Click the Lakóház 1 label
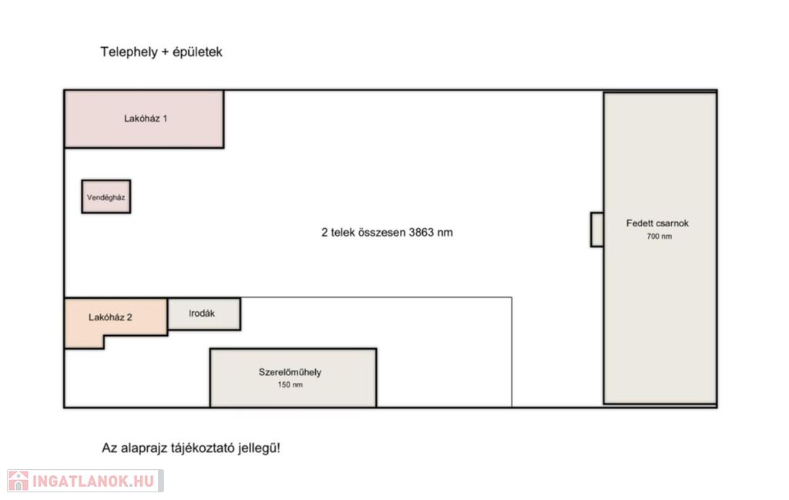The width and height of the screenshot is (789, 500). point(146,119)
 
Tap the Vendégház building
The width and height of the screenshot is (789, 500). point(106,196)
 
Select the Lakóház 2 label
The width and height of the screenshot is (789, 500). point(110,317)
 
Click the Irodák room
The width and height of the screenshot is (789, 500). point(203,314)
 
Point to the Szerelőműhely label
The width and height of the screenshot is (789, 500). point(290,372)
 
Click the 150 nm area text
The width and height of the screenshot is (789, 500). point(290,384)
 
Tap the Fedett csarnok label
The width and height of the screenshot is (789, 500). point(657,223)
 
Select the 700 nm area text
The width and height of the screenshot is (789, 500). point(660,237)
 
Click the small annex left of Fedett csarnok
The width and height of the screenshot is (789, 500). point(597,230)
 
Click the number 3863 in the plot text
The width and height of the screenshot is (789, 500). point(421,233)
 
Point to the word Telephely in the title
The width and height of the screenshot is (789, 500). point(129,52)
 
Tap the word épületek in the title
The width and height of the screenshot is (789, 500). point(197,52)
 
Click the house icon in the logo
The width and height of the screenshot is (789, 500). point(18,481)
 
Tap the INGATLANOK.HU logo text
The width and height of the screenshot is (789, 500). point(93,482)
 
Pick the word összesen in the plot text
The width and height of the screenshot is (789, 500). point(381,233)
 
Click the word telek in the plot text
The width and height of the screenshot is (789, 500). point(342,233)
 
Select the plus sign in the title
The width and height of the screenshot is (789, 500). point(165,52)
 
